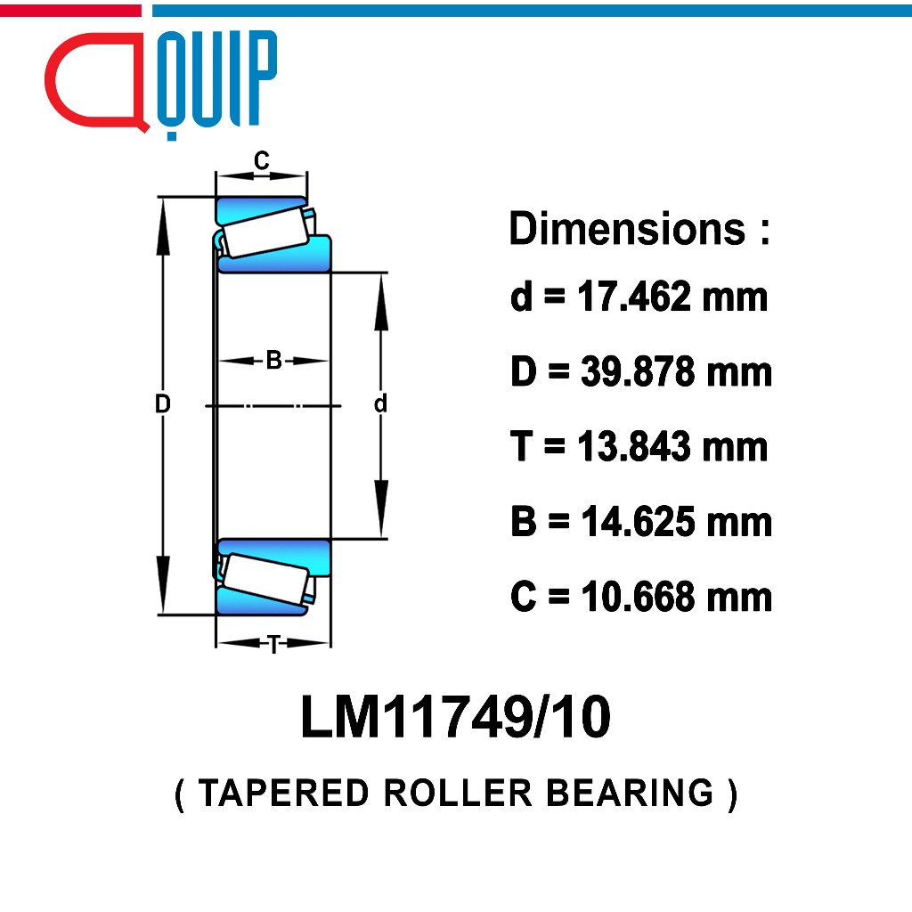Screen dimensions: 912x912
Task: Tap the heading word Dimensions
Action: pyautogui.click(x=627, y=228)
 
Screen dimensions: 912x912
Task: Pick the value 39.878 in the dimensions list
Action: pyautogui.click(x=638, y=371)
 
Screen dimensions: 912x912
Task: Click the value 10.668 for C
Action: pyautogui.click(x=638, y=596)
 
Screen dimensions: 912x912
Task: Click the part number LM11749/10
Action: pyautogui.click(x=455, y=717)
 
